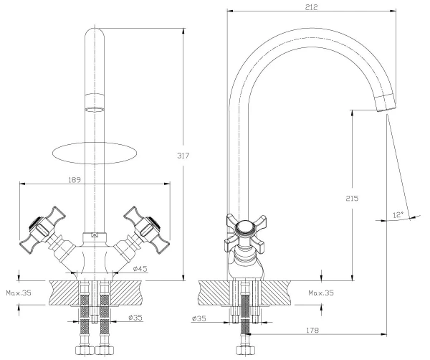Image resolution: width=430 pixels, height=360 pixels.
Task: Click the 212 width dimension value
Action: [310, 6]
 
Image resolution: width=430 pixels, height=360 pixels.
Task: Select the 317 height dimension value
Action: [191, 156]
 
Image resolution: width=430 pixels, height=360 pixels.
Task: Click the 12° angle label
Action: [398, 214]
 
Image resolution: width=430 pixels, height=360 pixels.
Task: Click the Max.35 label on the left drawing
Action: [18, 293]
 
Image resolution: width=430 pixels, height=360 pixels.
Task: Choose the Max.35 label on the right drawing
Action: [322, 293]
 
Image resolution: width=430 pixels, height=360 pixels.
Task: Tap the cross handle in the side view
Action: [245, 231]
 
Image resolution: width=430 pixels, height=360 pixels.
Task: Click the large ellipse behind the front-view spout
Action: [95, 153]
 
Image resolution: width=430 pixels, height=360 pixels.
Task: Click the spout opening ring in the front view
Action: [93, 109]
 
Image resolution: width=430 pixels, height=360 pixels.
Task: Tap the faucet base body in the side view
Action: [245, 267]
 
